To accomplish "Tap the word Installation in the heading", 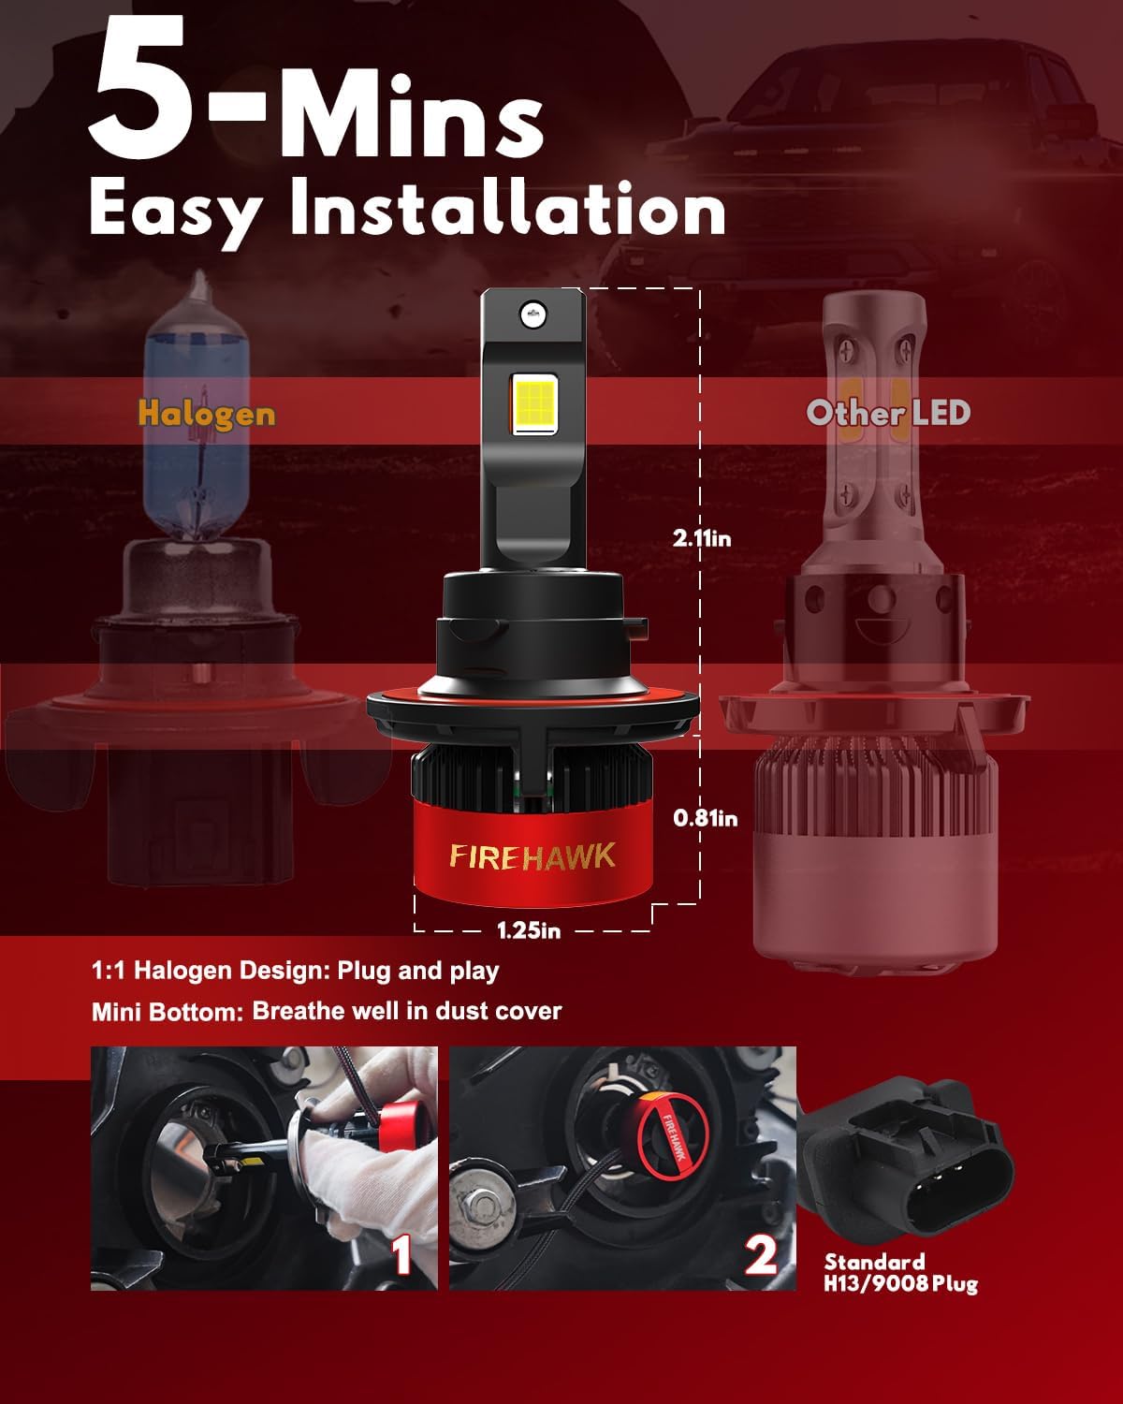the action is (x=507, y=208).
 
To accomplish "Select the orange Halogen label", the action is (x=207, y=415).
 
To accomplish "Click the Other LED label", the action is (x=888, y=413).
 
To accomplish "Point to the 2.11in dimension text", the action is (x=702, y=539).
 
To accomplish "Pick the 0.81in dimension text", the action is (x=706, y=818).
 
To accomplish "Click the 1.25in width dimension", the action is (x=529, y=930).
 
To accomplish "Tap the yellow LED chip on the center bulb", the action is (x=533, y=403).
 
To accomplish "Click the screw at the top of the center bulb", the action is (x=533, y=315).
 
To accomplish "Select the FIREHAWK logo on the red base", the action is (x=532, y=857).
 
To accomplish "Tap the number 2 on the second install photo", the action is (x=761, y=1254).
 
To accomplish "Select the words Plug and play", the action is (x=418, y=972).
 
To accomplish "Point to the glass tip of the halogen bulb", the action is (x=197, y=287).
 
